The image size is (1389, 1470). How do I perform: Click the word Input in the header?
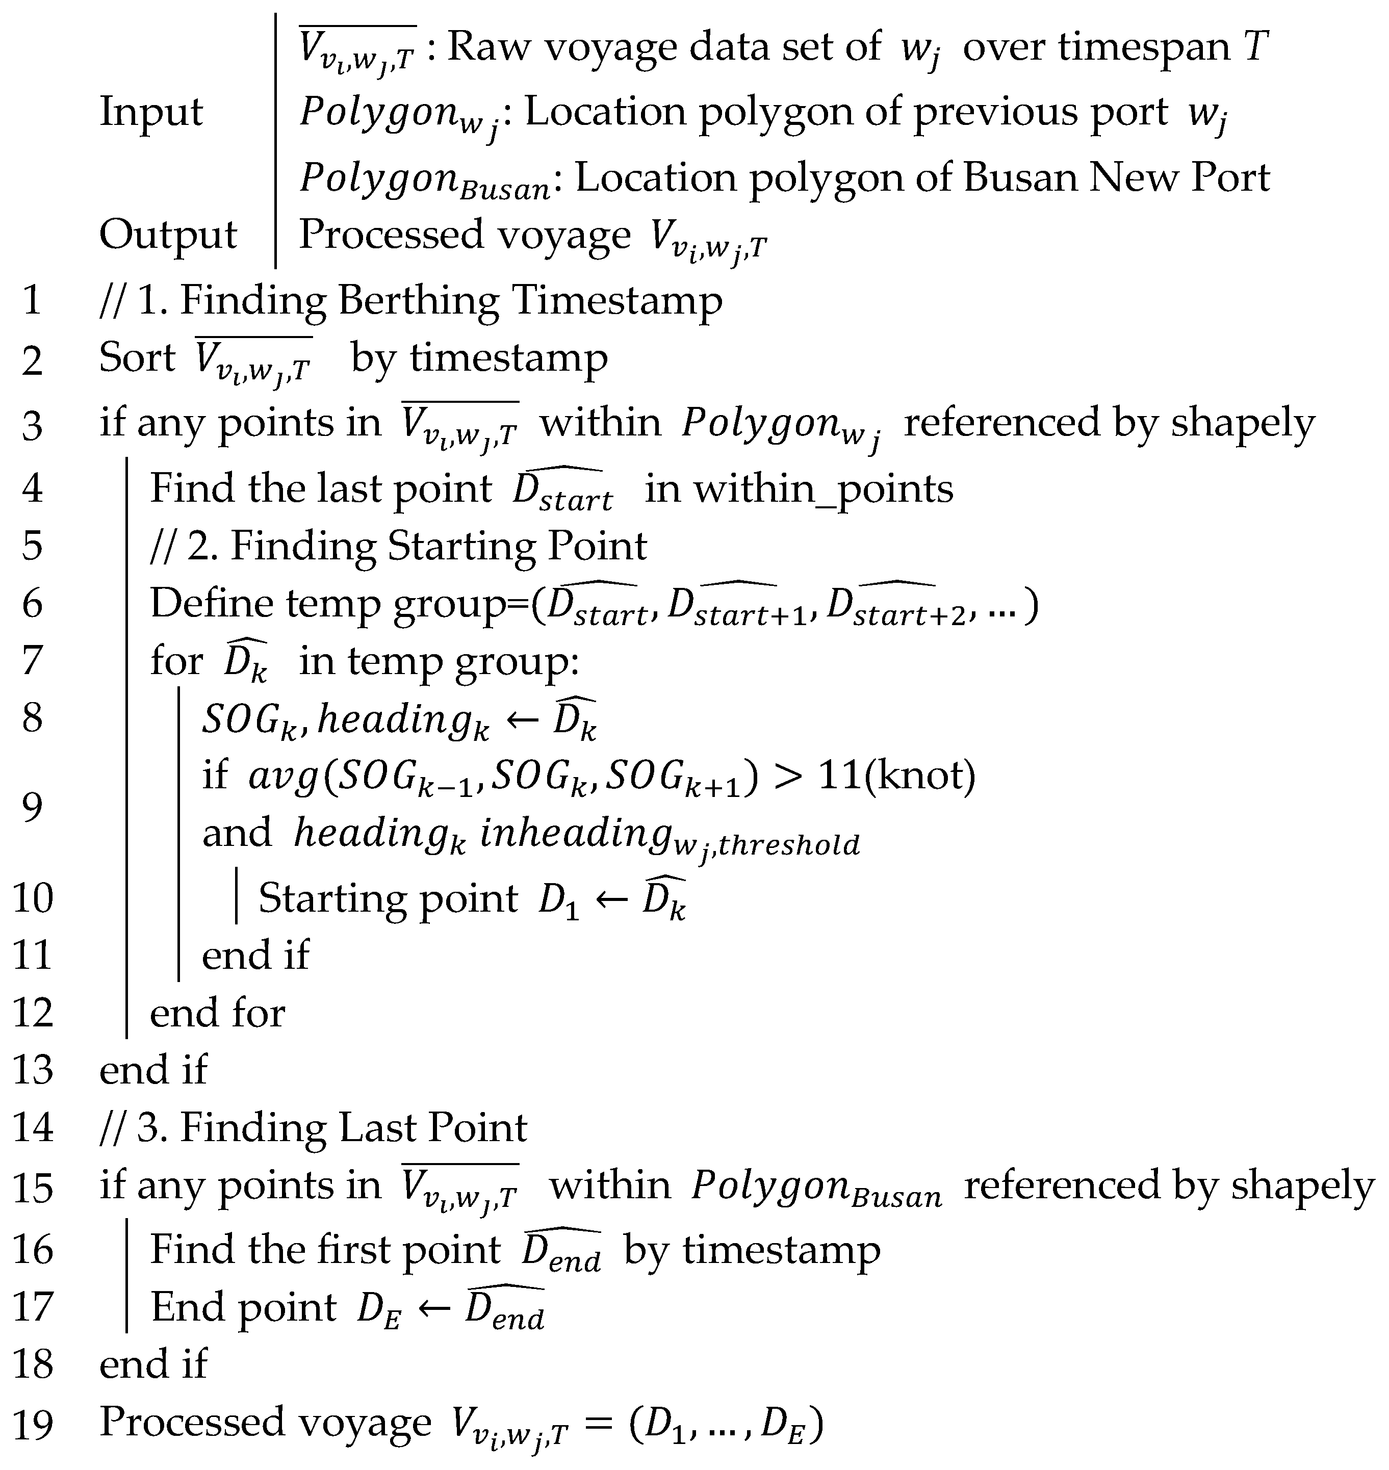(x=150, y=113)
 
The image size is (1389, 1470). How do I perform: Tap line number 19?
(x=33, y=1424)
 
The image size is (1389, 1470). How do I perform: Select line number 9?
(x=33, y=806)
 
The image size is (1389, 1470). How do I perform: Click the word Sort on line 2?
(x=137, y=359)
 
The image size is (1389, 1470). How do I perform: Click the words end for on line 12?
(x=217, y=1013)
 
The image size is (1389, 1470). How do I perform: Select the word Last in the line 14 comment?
(x=378, y=1128)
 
